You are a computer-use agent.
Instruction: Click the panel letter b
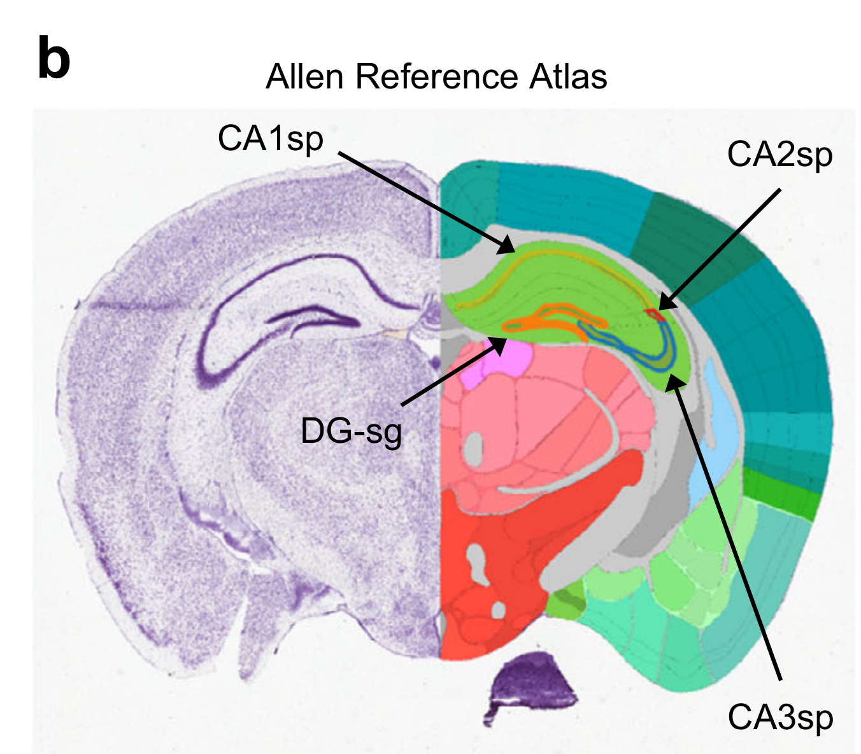[53, 59]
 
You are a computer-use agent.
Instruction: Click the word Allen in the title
[306, 77]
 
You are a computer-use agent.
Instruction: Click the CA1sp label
[270, 138]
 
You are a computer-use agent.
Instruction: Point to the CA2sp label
[779, 154]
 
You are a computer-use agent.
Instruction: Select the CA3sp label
[780, 717]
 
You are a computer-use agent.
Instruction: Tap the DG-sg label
[351, 431]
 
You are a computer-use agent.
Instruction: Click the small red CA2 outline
[653, 314]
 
